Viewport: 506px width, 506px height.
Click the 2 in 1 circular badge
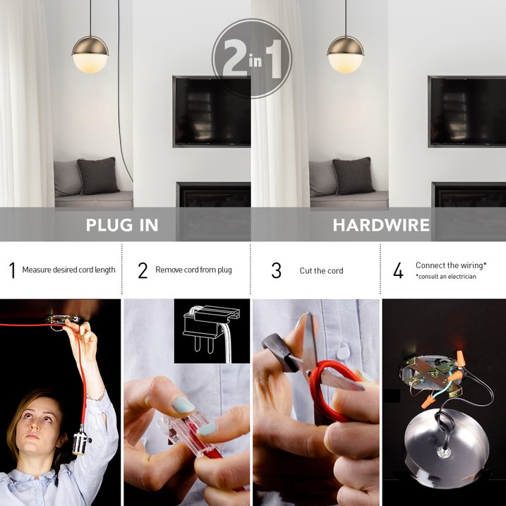click(x=252, y=59)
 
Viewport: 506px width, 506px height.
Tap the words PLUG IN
click(x=122, y=225)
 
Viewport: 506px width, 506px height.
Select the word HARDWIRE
click(x=381, y=225)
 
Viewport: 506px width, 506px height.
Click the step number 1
click(x=12, y=270)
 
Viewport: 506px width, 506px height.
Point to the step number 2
click(x=143, y=270)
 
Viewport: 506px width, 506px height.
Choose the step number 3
click(x=276, y=270)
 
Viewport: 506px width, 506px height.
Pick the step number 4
click(x=398, y=270)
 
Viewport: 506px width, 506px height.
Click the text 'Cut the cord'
click(x=321, y=271)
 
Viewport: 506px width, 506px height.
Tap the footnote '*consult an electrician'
click(x=445, y=277)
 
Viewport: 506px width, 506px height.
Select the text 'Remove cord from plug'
click(x=193, y=270)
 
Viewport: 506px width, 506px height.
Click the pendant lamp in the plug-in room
click(x=90, y=54)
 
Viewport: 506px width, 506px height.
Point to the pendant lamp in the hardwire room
click(x=345, y=54)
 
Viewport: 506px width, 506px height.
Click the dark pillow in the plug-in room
click(x=98, y=176)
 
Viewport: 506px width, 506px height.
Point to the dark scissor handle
click(x=279, y=351)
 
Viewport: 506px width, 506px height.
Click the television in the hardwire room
click(x=467, y=112)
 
